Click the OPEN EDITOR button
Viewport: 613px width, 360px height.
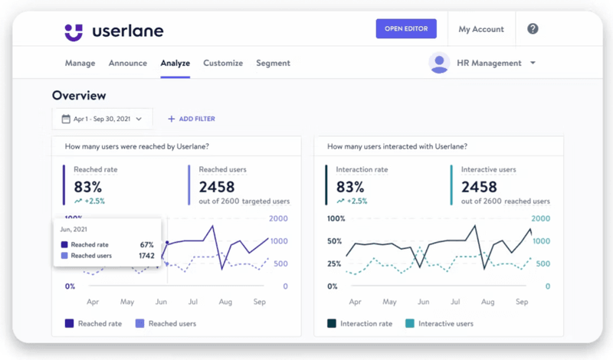[x=406, y=29]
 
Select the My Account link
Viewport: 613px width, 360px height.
[x=481, y=29]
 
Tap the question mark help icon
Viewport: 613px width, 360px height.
[x=533, y=29]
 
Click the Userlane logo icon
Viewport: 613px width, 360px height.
[x=74, y=31]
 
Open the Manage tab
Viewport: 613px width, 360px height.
[x=80, y=63]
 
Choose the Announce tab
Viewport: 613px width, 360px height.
[x=127, y=63]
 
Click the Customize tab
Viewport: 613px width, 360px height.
[x=223, y=63]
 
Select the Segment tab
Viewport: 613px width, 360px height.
[x=273, y=63]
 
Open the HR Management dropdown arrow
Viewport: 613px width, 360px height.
[x=533, y=63]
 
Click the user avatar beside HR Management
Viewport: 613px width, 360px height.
[x=439, y=63]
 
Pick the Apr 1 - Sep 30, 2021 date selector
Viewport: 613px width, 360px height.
[x=102, y=119]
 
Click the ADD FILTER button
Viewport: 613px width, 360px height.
[x=192, y=119]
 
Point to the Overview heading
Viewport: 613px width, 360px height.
[x=79, y=96]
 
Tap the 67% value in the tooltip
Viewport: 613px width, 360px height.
[x=146, y=244]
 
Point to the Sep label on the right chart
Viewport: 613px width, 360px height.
[x=521, y=302]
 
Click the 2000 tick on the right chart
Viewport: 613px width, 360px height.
[x=541, y=218]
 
